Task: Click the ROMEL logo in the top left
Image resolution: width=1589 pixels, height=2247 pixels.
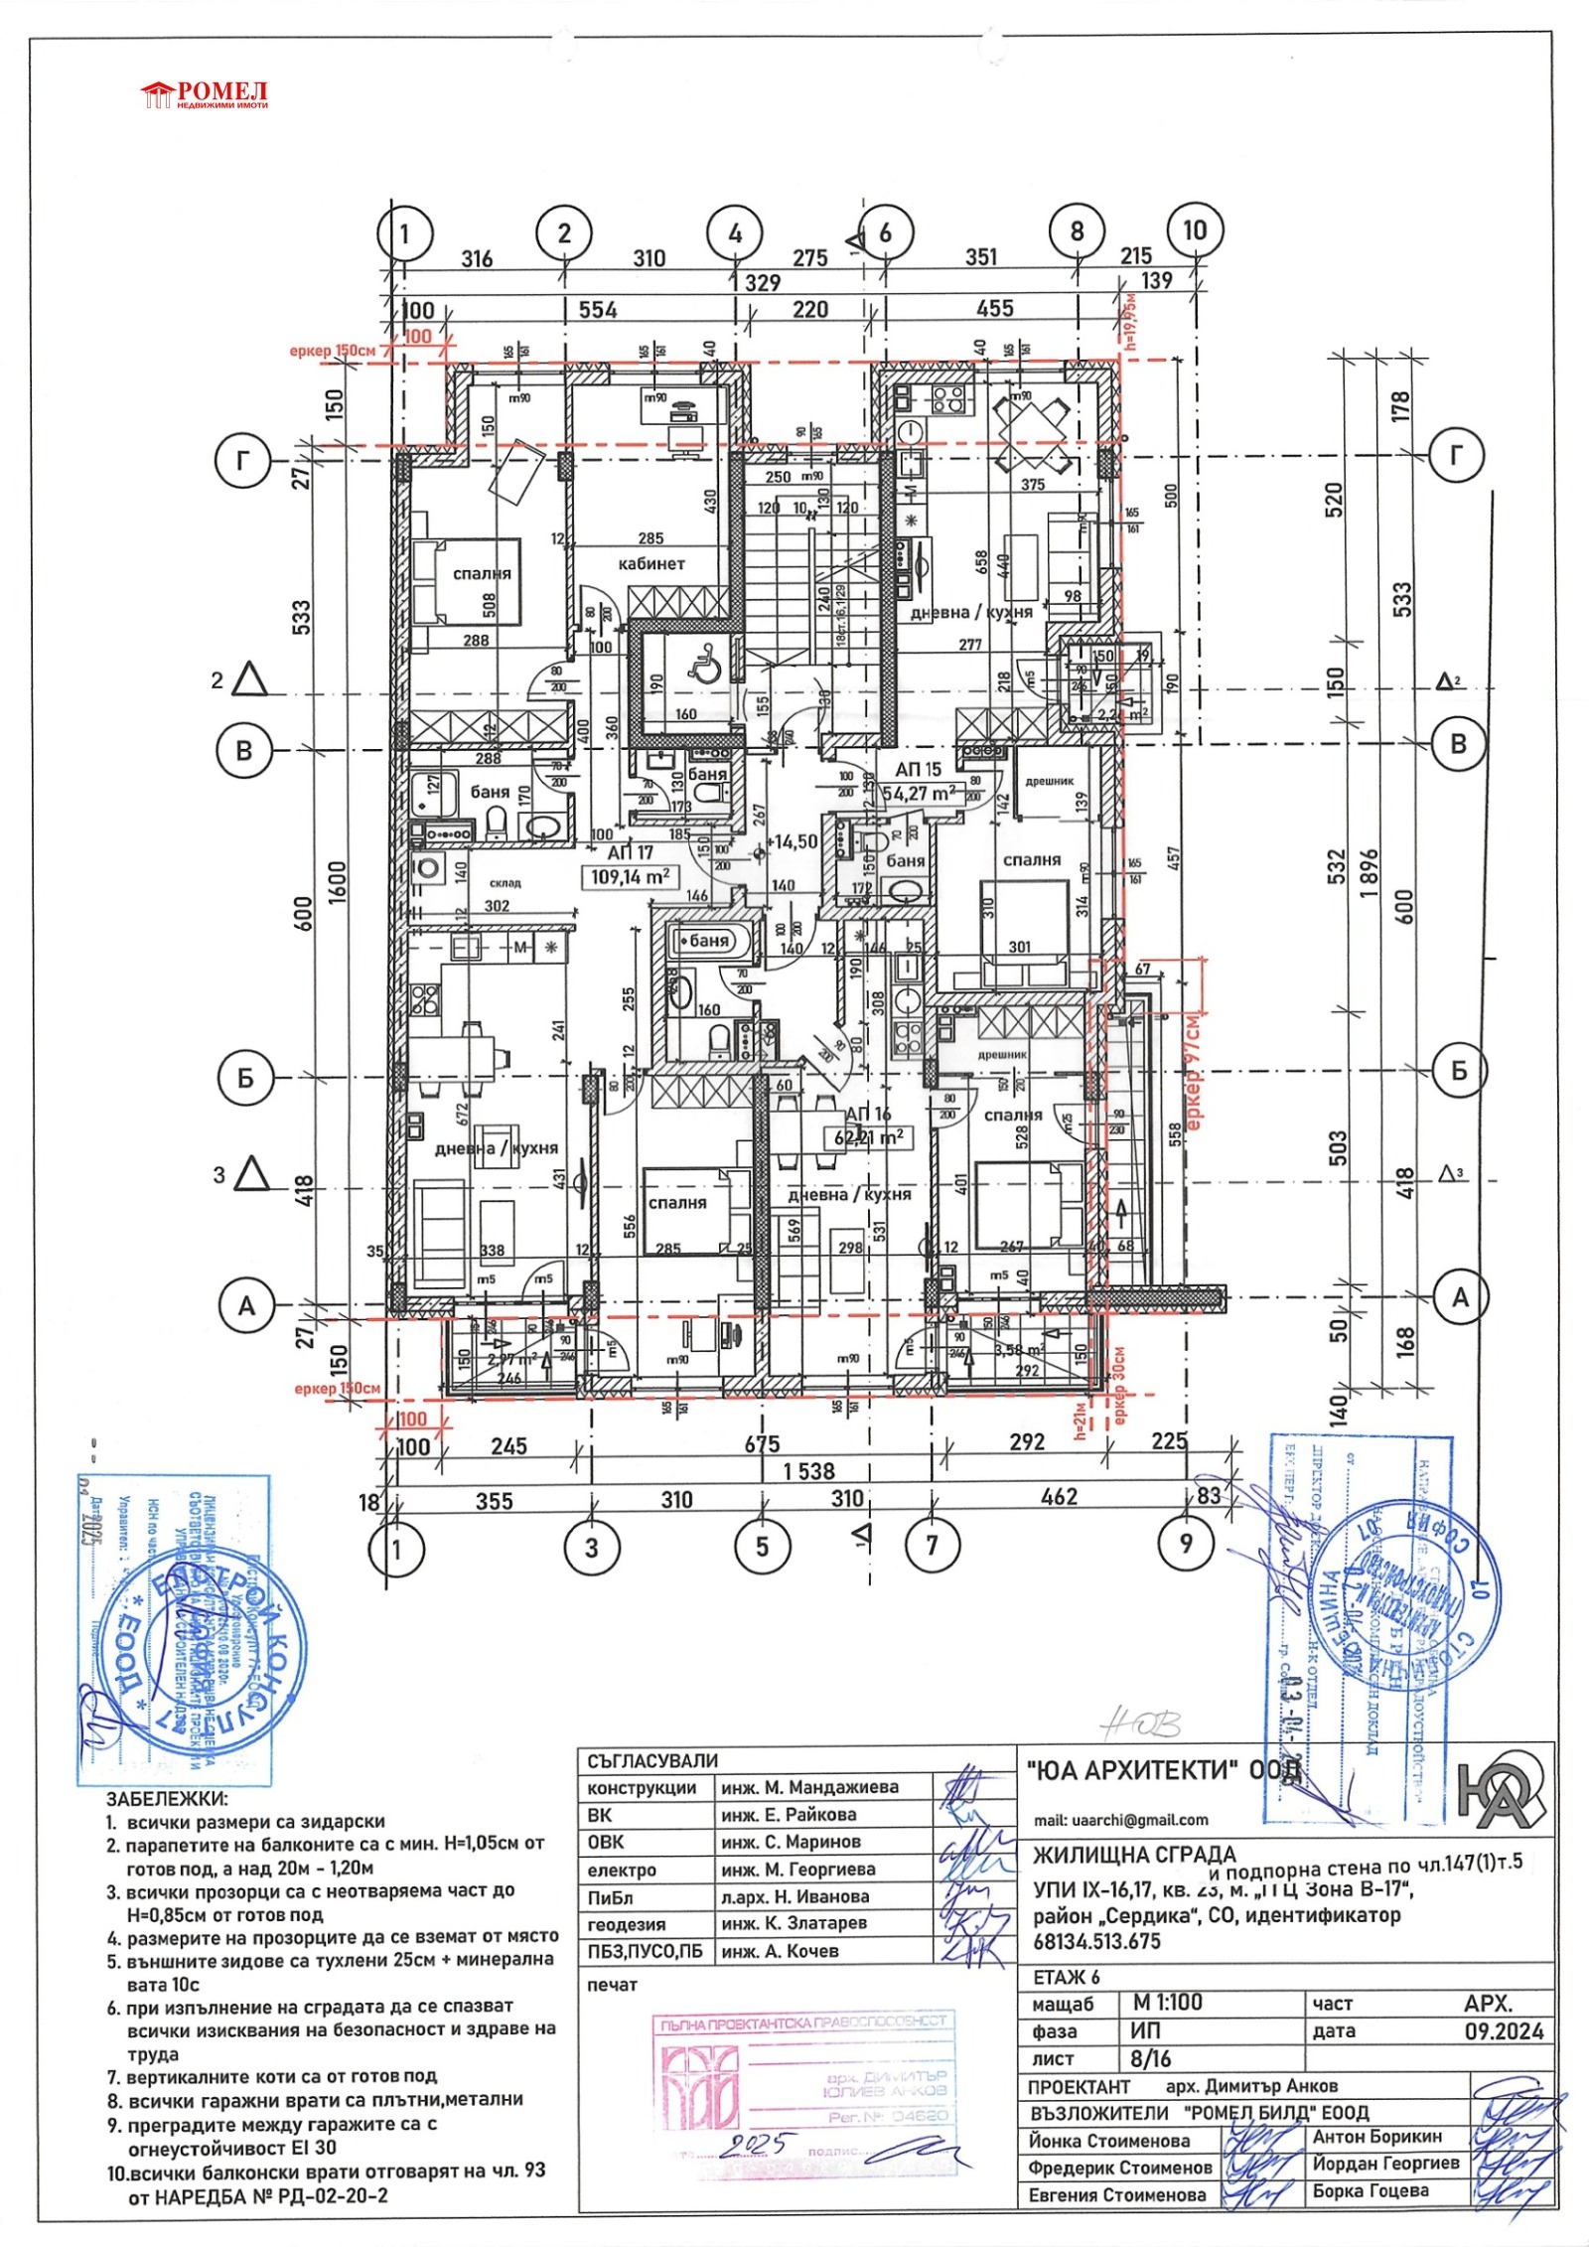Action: coord(205,95)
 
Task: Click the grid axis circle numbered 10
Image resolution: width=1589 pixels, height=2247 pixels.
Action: coord(1194,230)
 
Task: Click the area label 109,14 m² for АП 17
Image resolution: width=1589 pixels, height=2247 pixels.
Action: coord(630,877)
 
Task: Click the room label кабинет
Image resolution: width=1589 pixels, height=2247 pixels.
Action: coord(651,563)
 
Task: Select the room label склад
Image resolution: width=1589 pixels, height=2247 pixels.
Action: coord(505,882)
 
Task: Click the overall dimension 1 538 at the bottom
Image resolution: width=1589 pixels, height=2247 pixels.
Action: coord(809,1471)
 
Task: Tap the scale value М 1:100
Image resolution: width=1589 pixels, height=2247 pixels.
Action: coord(1167,2003)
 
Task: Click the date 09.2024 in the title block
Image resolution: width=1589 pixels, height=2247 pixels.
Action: coord(1504,2030)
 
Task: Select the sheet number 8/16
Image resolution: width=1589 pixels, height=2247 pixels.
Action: coord(1152,2058)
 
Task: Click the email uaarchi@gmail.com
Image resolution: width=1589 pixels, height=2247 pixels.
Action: coord(1120,1820)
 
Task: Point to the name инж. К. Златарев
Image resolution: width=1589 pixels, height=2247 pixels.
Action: coord(794,1923)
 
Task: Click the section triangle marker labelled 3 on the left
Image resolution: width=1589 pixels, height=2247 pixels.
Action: coord(253,1174)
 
